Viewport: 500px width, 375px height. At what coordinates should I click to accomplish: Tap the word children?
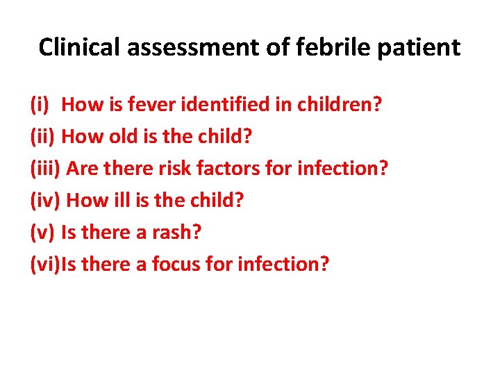pyautogui.click(x=340, y=105)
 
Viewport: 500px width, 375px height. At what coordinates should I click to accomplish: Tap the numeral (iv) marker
pyautogui.click(x=44, y=201)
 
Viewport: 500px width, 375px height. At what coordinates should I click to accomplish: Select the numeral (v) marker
pyautogui.click(x=42, y=233)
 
